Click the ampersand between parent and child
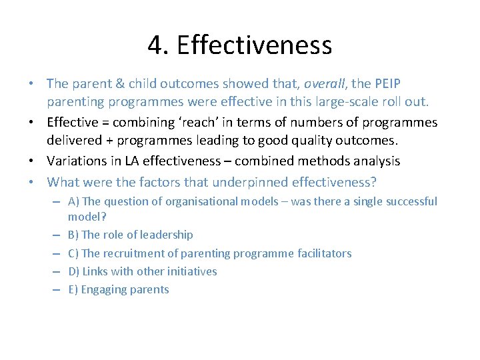coord(111,84)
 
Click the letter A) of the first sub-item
coord(74,201)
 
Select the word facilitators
coord(323,253)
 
